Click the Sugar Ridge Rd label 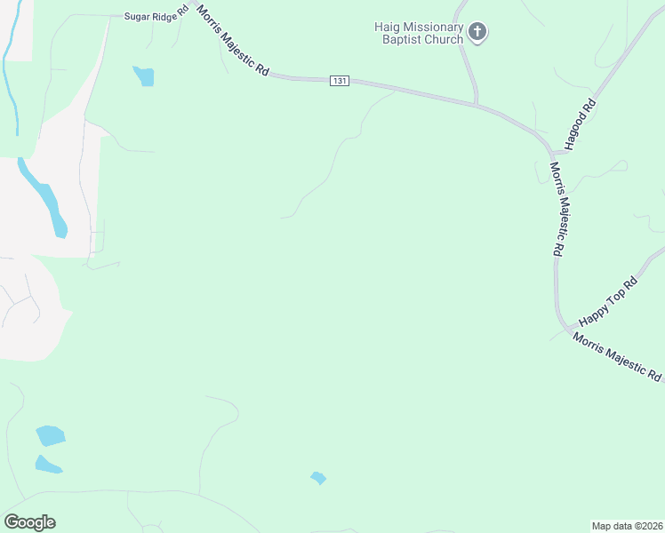point(155,16)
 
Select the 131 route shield point(339,81)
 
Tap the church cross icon point(478,33)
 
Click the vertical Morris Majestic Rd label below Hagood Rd point(557,209)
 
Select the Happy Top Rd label point(608,300)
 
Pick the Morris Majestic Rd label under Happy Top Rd point(617,357)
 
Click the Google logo point(29,521)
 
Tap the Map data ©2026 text point(627,526)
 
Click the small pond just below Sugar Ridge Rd point(143,76)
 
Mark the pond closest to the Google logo point(48,464)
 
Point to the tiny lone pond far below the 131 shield point(318,478)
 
